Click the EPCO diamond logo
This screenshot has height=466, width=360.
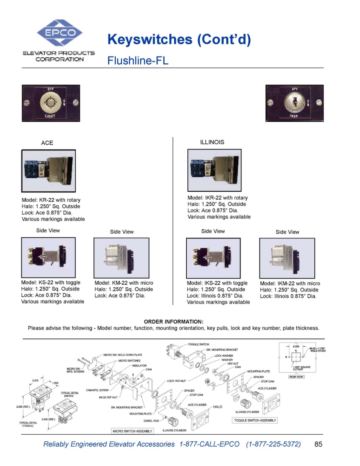click(60, 33)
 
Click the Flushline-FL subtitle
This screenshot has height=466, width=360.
click(138, 60)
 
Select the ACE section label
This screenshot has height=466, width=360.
click(47, 143)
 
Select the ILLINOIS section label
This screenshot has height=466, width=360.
click(212, 142)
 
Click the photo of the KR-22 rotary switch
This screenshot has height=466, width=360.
click(49, 171)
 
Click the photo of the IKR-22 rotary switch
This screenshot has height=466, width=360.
click(214, 170)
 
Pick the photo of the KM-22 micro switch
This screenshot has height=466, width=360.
click(121, 258)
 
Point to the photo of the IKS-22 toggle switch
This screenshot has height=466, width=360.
click(213, 258)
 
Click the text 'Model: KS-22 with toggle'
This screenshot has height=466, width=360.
click(51, 282)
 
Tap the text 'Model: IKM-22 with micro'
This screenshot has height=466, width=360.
click(290, 283)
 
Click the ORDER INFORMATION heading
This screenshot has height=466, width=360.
click(174, 321)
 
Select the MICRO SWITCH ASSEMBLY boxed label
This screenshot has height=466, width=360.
click(133, 431)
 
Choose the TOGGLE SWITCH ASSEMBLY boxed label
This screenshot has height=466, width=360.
click(255, 420)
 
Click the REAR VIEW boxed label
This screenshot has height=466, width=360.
click(296, 377)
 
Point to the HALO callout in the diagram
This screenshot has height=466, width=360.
click(218, 407)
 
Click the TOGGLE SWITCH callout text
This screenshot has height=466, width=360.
click(198, 344)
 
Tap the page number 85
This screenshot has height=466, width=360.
click(318, 444)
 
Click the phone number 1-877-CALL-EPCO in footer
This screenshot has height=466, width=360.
click(209, 444)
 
